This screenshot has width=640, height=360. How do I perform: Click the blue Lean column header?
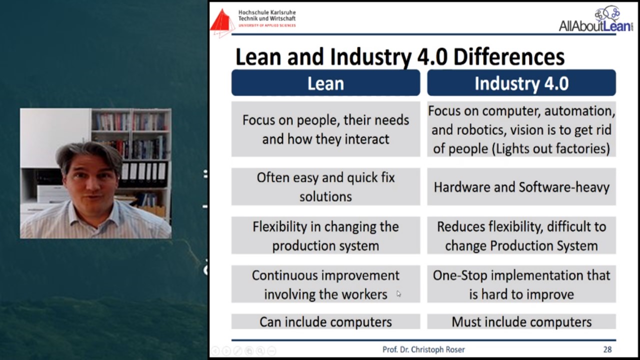coord(325,83)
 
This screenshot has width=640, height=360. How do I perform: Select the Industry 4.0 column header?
coord(521,83)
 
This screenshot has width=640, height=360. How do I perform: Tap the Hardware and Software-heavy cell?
coord(521,187)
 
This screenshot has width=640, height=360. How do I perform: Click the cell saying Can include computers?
coord(325,321)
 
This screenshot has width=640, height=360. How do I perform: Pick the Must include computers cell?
coord(521,321)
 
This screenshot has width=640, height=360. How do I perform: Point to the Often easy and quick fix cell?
coord(325,187)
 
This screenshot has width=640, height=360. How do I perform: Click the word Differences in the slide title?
coord(509,56)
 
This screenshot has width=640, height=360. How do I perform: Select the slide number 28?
coord(607,349)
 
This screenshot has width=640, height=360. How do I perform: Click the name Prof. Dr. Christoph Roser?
coord(423,349)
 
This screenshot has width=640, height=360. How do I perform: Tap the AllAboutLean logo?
coord(595,19)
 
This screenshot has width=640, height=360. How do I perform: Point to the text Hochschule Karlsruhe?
coord(267,12)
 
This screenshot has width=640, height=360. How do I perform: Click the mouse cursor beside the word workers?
coord(398,293)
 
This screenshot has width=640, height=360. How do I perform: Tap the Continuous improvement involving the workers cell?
coord(325,284)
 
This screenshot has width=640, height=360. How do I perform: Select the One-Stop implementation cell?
coord(521,284)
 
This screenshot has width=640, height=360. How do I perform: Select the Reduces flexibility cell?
coord(521,235)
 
